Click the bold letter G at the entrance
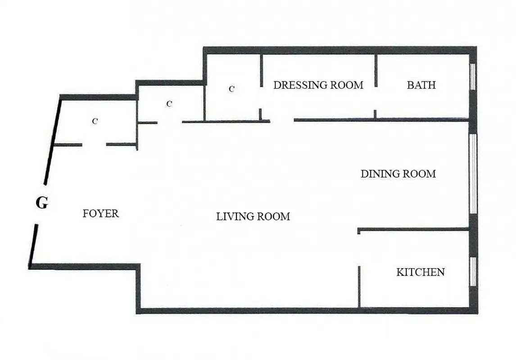tap(41, 203)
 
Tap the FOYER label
tap(101, 213)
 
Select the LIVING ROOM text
tap(253, 216)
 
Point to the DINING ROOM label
tap(398, 174)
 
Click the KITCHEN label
tap(420, 272)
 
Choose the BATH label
tap(421, 85)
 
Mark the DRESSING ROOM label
tap(318, 85)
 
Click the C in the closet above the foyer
tap(95, 121)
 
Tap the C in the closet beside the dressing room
tap(231, 89)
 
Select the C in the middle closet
tap(169, 104)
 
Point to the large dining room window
tap(473, 174)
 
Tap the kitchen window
tap(473, 271)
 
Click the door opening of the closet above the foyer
tap(94, 144)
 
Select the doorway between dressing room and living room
tap(282, 121)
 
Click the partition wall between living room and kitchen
tap(359, 286)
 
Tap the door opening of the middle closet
tap(170, 122)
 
